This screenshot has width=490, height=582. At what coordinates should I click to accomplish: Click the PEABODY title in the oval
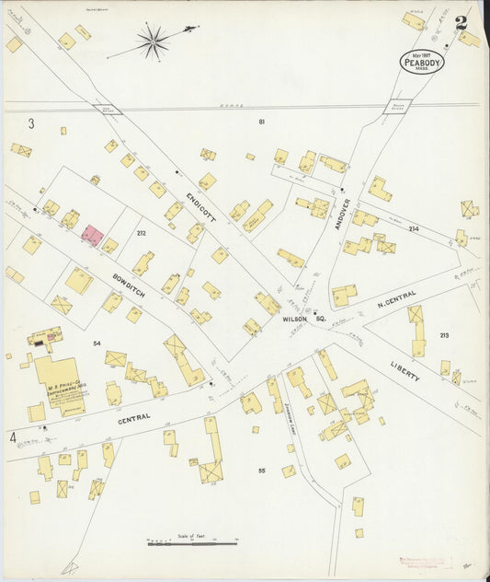pyautogui.click(x=422, y=63)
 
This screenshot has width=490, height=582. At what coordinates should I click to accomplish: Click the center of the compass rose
pyautogui.click(x=153, y=41)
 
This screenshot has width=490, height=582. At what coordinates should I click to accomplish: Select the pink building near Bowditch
pyautogui.click(x=92, y=235)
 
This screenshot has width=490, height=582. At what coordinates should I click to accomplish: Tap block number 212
pyautogui.click(x=141, y=233)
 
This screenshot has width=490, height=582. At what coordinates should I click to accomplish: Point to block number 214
pyautogui.click(x=413, y=228)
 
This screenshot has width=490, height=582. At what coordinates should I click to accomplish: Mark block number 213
pyautogui.click(x=444, y=335)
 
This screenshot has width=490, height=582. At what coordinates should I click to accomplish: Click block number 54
pyautogui.click(x=97, y=343)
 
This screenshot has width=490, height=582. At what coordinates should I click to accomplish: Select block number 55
pyautogui.click(x=261, y=471)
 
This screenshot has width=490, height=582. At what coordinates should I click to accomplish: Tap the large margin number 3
pyautogui.click(x=30, y=123)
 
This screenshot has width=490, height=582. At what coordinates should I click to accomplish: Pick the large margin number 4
pyautogui.click(x=13, y=436)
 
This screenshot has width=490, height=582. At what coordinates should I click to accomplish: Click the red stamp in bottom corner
pyautogui.click(x=425, y=561)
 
